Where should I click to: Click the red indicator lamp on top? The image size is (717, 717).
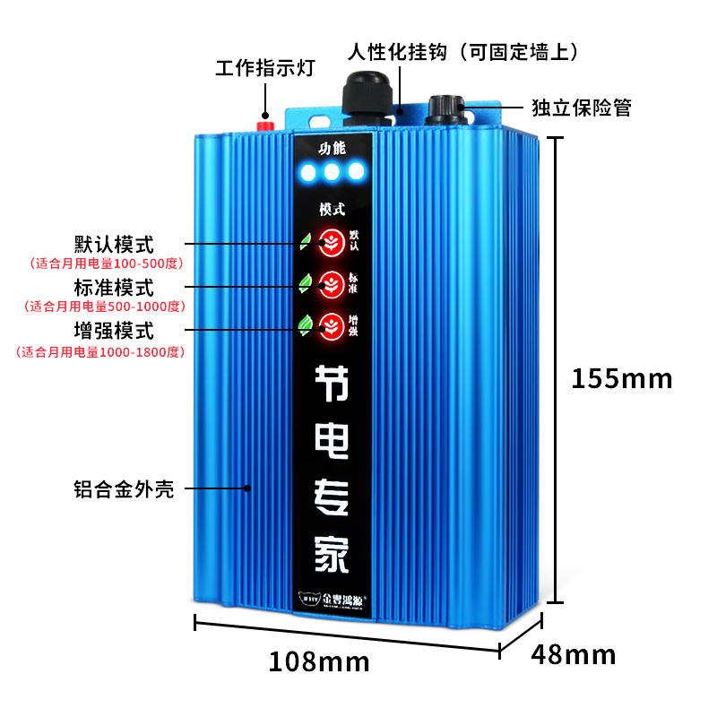pos(265,123)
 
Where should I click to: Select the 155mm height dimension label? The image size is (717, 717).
pos(622,378)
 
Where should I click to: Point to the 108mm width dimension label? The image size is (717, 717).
pos(319,661)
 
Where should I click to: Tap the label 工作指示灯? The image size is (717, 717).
pos(264,69)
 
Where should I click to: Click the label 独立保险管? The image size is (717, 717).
pos(582,108)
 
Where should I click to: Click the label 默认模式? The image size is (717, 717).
pos(114,244)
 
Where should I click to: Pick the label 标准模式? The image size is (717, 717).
pos(114,288)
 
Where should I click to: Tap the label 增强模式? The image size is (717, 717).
pos(114,331)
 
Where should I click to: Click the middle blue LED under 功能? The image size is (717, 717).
pos(333,170)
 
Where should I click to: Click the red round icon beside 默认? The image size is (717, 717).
pos(332,241)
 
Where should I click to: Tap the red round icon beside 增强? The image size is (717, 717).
pos(332,324)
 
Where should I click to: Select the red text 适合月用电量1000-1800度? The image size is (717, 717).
pos(99,351)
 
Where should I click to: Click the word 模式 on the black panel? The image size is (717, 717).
pos(332,209)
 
